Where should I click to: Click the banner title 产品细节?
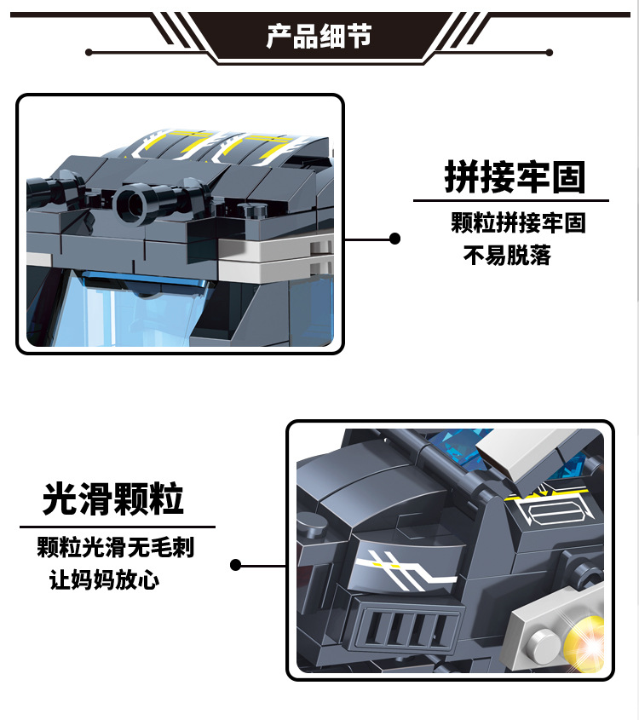point(319,36)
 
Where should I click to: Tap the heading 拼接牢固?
point(515,176)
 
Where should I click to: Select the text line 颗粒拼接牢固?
point(518,222)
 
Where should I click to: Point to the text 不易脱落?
point(507,256)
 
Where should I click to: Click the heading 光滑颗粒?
point(113,499)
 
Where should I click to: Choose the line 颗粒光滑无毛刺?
point(116,547)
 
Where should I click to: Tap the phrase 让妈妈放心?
point(104,579)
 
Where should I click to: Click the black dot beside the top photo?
point(394,239)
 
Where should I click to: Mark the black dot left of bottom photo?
point(235,565)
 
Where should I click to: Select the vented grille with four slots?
point(404,628)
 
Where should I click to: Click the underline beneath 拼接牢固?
point(511,201)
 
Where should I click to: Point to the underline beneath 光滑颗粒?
point(118,527)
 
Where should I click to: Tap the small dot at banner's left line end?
point(89,52)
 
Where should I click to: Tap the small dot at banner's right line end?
point(549,52)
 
